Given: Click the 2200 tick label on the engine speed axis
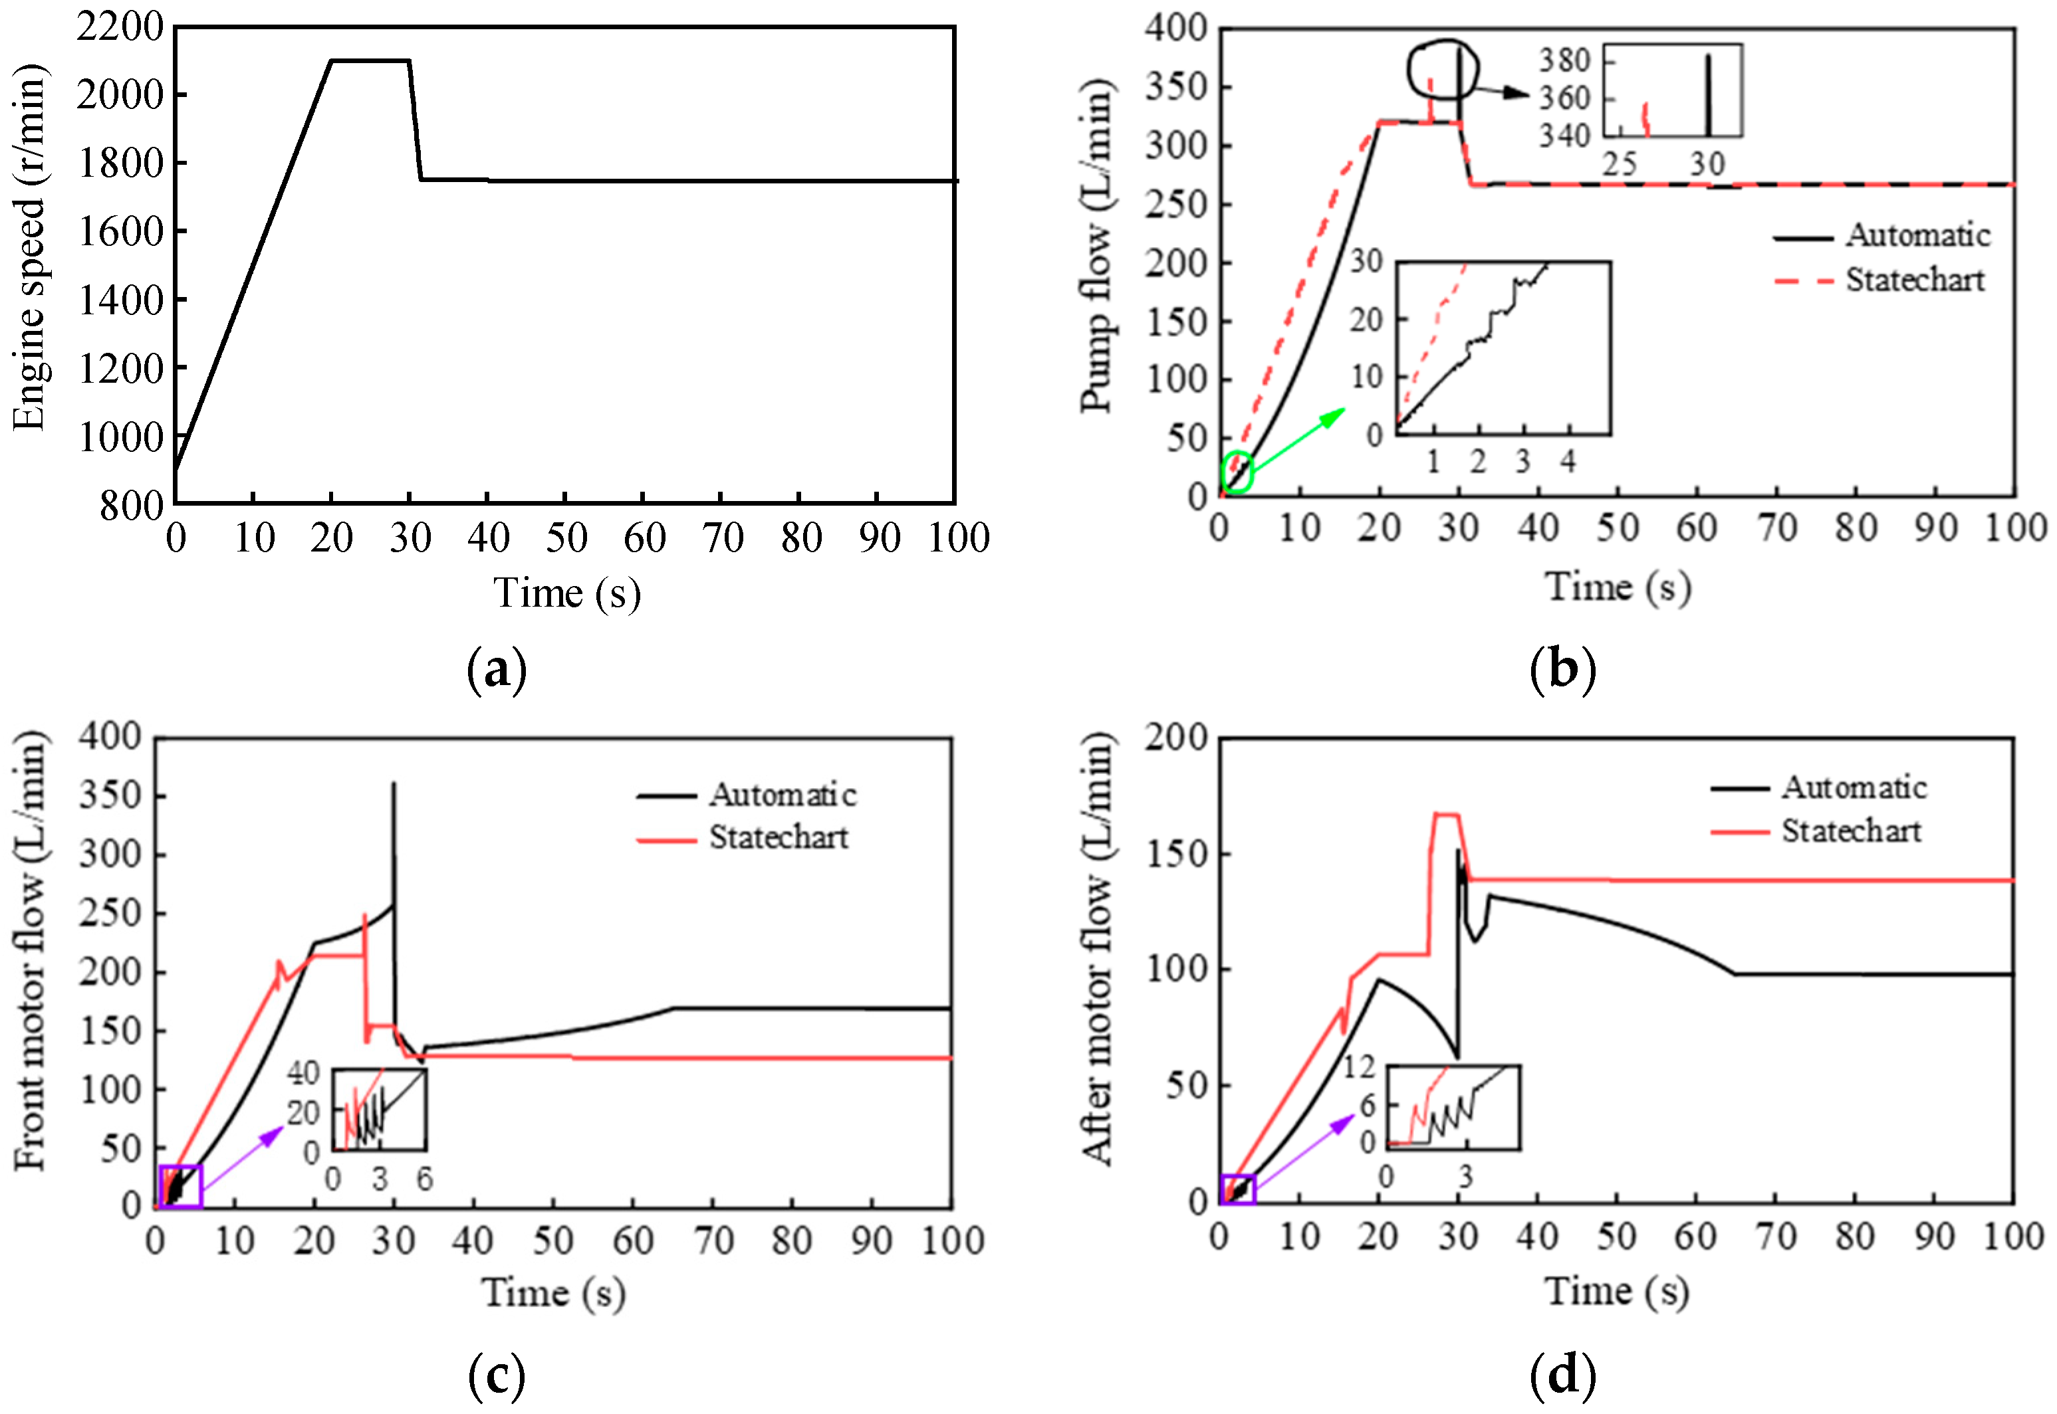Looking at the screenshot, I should pos(120,27).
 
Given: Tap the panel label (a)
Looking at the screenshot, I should pos(497,670).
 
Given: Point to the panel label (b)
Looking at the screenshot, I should pos(1562,670).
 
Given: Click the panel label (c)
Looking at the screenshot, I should pos(497,1375).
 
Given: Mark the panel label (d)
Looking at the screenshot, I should pos(1562,1375).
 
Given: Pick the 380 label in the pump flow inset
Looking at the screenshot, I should pos(1564,60).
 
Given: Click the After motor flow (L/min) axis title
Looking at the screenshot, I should pos(1096,948).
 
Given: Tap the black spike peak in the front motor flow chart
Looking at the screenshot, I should pos(394,784).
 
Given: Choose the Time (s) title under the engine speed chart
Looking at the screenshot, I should pos(566,592).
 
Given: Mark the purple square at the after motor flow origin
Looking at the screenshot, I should pos(1237,1190).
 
